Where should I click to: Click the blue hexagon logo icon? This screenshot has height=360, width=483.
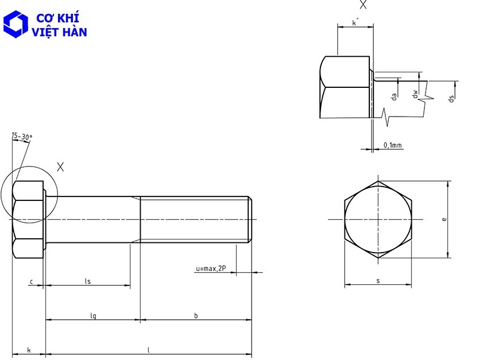(16, 24)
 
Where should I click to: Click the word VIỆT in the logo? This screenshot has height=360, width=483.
(44, 32)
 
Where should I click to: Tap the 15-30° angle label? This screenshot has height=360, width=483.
(22, 137)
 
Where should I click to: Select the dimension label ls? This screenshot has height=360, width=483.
(88, 281)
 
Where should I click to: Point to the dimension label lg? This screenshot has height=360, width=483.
(93, 316)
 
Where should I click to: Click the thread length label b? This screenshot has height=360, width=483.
(196, 315)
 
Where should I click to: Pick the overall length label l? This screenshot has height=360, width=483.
(149, 350)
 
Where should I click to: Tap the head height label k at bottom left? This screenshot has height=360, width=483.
(29, 350)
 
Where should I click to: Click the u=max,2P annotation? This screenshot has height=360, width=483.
(211, 269)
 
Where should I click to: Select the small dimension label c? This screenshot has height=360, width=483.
(31, 281)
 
